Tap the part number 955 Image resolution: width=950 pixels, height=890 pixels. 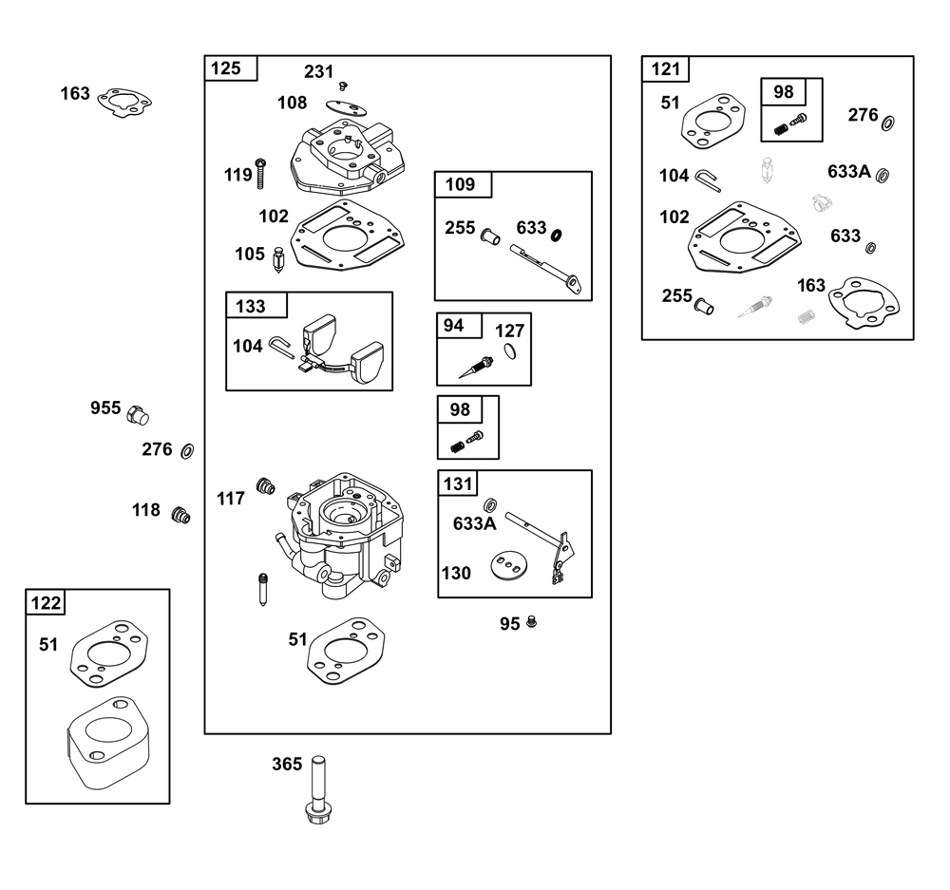coord(105,407)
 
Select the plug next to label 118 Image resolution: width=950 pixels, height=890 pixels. coord(180,515)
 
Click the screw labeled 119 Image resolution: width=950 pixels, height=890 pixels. coord(261,174)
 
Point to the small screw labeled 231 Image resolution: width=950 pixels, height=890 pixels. coord(344,85)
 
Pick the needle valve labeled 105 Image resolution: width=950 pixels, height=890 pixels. coord(278,260)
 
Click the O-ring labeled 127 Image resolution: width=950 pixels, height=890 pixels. coord(511,351)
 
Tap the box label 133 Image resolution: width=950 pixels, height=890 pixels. coord(250,306)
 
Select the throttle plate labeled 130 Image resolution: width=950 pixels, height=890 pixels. coord(509,564)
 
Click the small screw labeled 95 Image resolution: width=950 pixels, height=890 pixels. coord(532,621)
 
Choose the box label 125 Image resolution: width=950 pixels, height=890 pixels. coord(225,67)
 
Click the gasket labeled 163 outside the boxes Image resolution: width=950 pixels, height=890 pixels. coord(124,103)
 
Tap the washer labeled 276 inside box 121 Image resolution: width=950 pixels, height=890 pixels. coord(887,123)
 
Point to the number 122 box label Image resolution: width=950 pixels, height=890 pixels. coord(46,603)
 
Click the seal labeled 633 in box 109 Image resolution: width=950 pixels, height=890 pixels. coord(556,235)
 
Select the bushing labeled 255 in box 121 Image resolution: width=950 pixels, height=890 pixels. coord(704,306)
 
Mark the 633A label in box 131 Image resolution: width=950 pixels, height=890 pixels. coord(474,523)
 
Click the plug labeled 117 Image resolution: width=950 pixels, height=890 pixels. coord(265,486)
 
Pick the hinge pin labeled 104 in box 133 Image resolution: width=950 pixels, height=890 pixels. coord(281,347)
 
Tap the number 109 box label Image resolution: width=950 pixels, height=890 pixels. coord(461,184)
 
